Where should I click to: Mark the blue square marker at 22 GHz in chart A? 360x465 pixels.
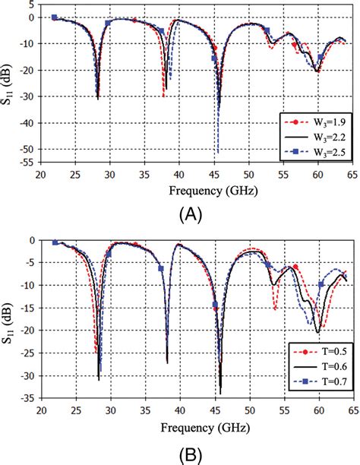[54, 17]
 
